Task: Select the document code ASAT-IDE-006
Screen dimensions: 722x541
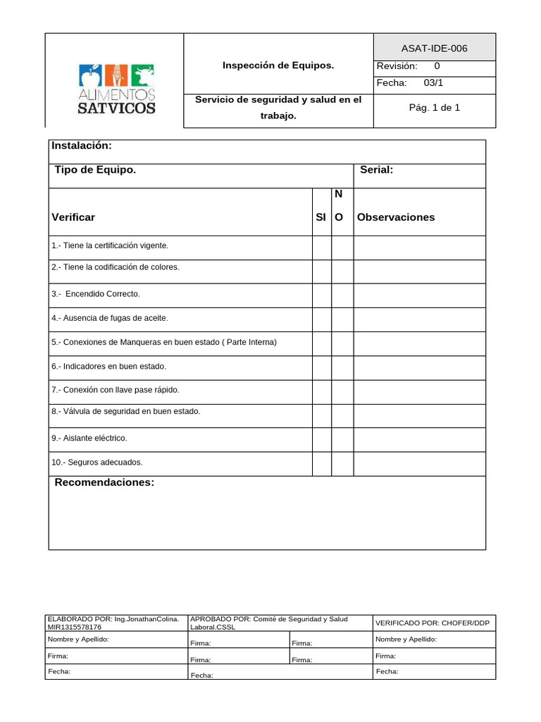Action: click(434, 49)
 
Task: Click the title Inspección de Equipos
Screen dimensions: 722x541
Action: click(278, 66)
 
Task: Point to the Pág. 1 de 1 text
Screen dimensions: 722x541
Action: click(434, 108)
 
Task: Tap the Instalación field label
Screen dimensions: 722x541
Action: click(82, 145)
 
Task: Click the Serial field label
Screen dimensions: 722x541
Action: click(376, 170)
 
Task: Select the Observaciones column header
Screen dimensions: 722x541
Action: click(396, 217)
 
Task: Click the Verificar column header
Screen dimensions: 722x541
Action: click(73, 217)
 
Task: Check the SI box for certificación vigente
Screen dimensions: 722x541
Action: click(322, 247)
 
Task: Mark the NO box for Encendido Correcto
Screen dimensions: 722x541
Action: click(342, 295)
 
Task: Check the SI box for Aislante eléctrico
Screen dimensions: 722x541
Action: click(322, 439)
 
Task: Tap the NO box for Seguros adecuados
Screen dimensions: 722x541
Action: click(342, 463)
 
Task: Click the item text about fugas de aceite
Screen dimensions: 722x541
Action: click(110, 318)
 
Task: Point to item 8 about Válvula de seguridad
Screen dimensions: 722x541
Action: click(126, 411)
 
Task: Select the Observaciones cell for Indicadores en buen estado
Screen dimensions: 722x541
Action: click(419, 367)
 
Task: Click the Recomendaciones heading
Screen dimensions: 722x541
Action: click(104, 482)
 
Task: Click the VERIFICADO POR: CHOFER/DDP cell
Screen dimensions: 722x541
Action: click(433, 623)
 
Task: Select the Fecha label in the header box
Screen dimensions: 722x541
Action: click(392, 82)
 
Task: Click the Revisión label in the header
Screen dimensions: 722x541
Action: click(397, 66)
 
